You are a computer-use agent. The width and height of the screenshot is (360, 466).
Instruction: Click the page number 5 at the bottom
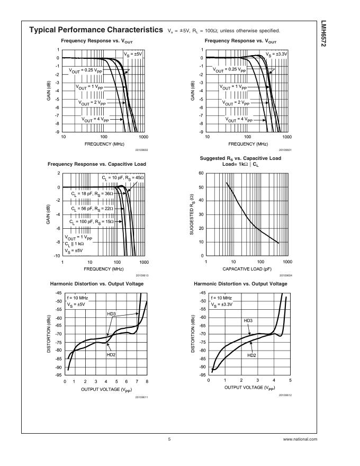tap(169, 439)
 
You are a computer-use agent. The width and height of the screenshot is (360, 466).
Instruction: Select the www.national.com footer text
tap(300, 439)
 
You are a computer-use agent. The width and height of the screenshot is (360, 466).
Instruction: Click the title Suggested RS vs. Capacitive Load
tap(240, 158)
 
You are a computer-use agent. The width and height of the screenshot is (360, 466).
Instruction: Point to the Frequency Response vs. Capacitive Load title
tap(96, 164)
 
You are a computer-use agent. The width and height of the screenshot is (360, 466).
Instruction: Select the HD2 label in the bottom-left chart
tap(111, 355)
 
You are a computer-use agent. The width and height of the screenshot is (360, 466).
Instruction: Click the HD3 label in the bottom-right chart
tap(248, 321)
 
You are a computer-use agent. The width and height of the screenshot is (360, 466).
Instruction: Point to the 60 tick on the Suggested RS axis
tap(201, 174)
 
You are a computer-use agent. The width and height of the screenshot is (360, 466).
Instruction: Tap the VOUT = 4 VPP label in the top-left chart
tap(95, 120)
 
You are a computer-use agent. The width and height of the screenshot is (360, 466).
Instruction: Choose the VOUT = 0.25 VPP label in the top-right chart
tap(229, 69)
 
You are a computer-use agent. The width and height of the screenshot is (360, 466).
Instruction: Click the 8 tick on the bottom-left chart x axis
tap(147, 381)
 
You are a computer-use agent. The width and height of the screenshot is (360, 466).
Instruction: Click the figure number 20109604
tap(285, 275)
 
